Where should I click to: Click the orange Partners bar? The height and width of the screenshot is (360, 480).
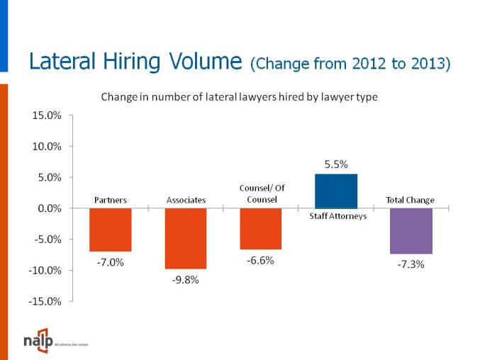click(110, 230)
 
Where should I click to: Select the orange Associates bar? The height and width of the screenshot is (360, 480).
click(186, 238)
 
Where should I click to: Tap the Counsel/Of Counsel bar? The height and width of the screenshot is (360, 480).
click(261, 228)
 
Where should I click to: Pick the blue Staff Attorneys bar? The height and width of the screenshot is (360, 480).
click(336, 191)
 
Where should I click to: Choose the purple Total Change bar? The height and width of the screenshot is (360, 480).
click(412, 230)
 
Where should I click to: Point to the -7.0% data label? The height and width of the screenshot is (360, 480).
click(110, 262)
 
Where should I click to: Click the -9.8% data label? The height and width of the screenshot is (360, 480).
click(186, 280)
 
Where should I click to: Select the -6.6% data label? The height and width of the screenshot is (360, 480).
click(260, 260)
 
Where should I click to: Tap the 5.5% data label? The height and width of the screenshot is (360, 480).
click(336, 164)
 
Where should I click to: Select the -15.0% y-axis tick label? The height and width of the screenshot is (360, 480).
click(46, 301)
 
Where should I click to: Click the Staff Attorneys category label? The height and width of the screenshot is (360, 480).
click(338, 216)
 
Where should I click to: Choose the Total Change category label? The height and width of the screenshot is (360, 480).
click(411, 200)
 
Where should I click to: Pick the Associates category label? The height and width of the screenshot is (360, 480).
click(186, 201)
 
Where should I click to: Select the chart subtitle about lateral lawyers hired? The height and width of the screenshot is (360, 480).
click(239, 97)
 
